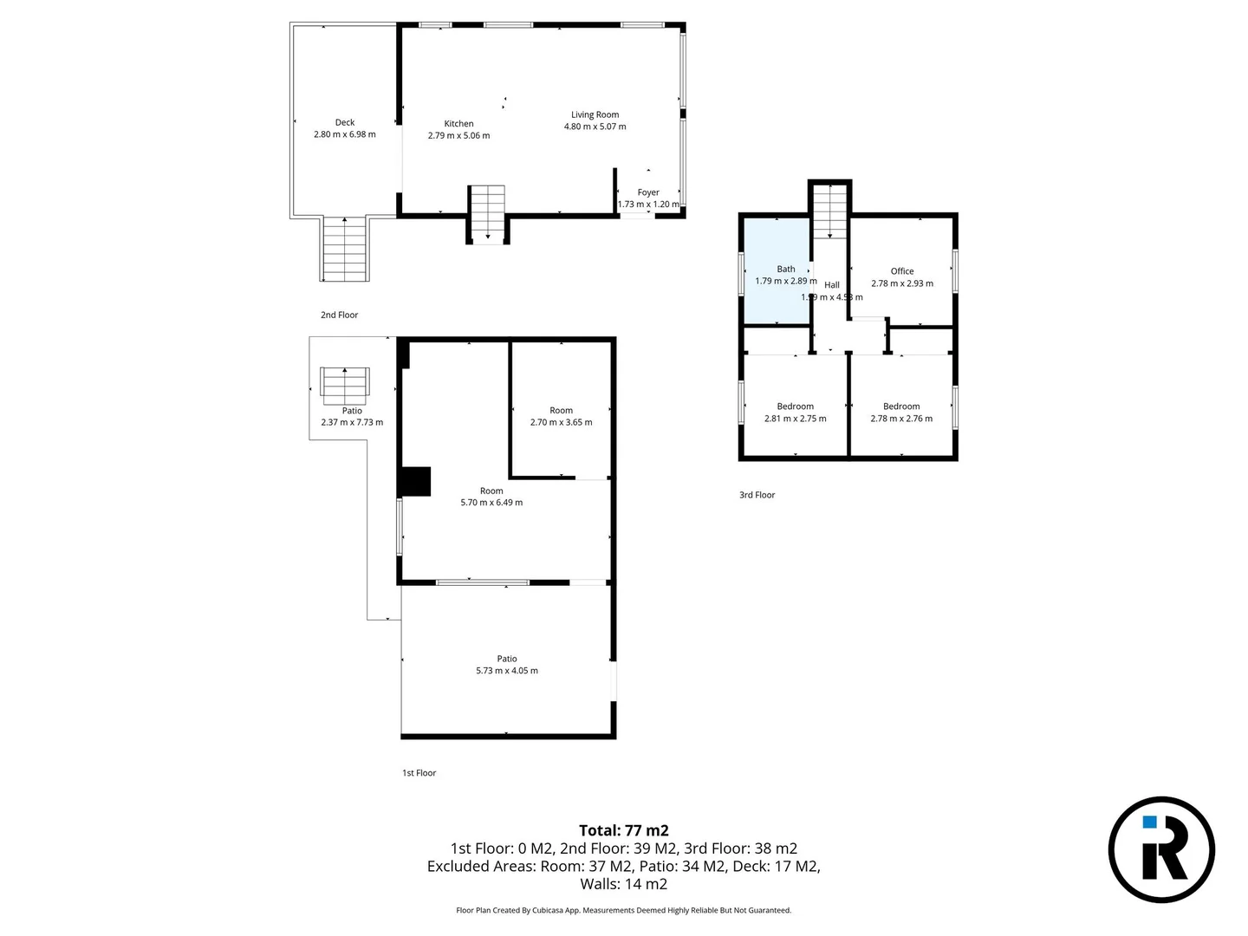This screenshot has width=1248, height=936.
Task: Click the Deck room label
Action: (x=345, y=123)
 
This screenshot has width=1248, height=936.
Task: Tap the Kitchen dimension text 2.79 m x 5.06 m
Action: (x=458, y=136)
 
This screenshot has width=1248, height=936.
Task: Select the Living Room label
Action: (x=595, y=114)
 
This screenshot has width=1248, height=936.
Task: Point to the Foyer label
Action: (x=648, y=192)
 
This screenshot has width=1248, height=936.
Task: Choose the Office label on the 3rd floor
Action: (x=902, y=271)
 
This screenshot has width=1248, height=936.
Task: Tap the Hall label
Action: (x=832, y=285)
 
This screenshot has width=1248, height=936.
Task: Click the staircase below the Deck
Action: (x=346, y=249)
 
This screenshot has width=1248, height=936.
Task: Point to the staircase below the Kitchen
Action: (x=487, y=213)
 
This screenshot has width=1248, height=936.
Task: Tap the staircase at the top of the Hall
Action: (x=830, y=211)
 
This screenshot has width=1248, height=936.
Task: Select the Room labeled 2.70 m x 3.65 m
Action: (x=561, y=417)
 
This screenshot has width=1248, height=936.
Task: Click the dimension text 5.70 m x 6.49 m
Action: (x=491, y=503)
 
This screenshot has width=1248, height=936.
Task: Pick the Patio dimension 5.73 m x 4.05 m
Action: (x=507, y=671)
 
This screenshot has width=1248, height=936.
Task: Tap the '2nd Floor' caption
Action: (x=339, y=315)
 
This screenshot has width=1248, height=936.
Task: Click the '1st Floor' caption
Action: (x=419, y=773)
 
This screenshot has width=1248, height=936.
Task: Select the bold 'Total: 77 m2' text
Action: (x=624, y=830)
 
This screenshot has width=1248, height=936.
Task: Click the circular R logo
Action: (x=1161, y=849)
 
